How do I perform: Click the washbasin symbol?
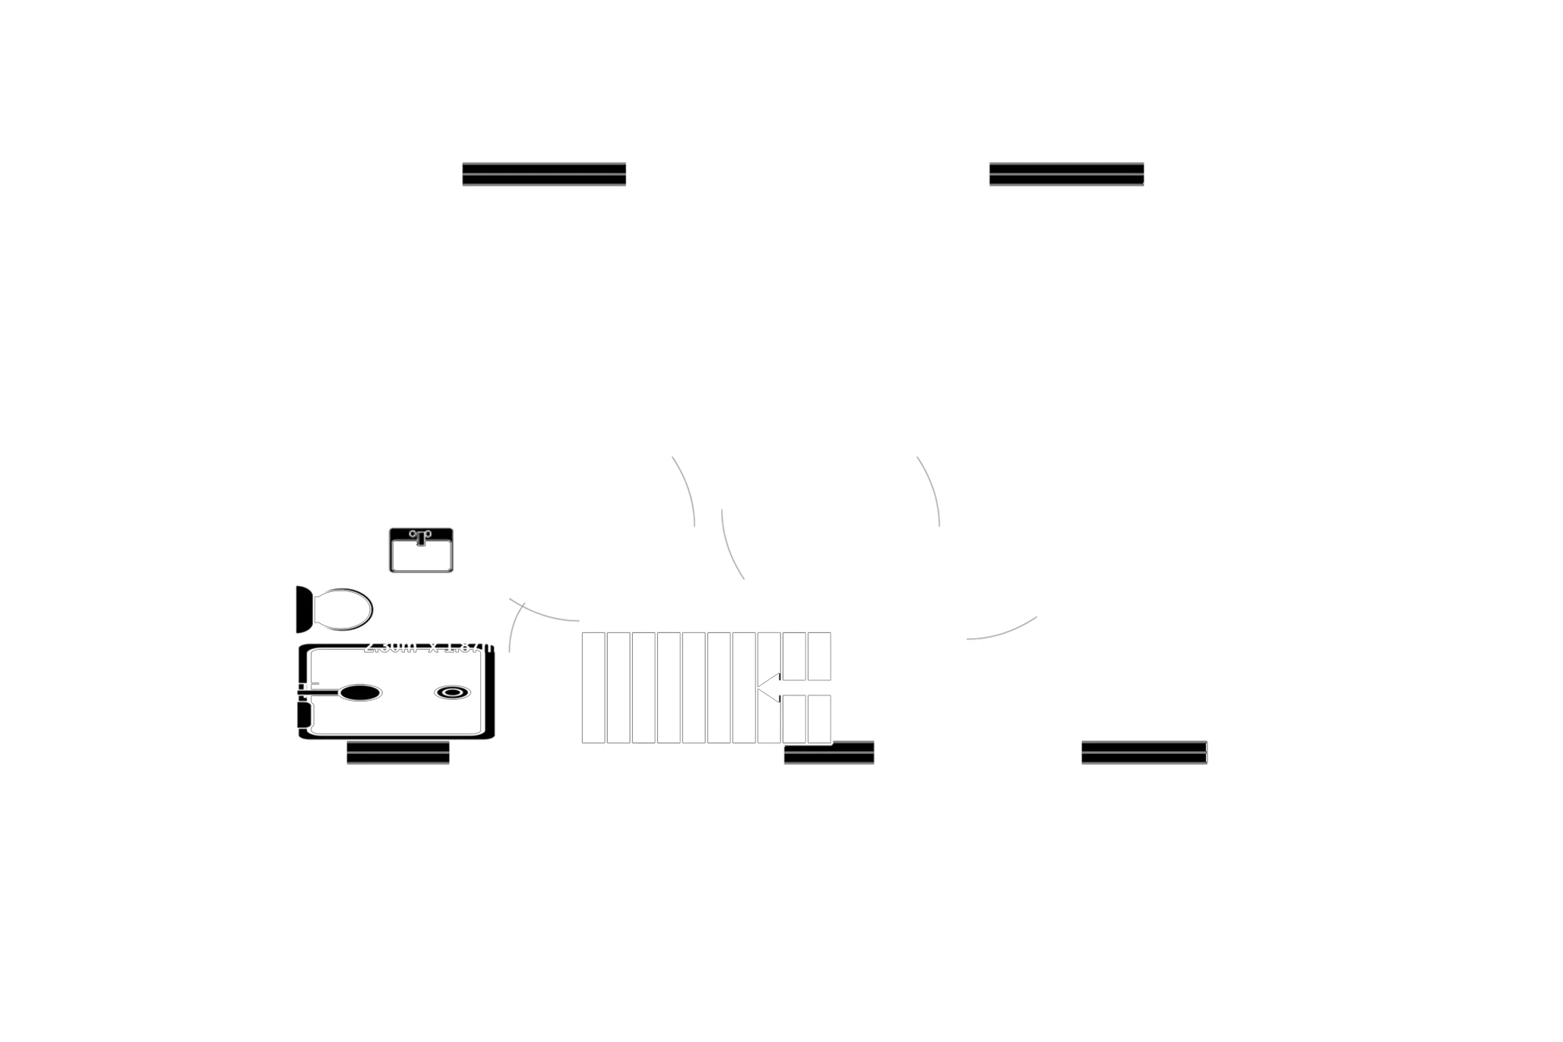pos(421,550)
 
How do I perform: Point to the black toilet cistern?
pos(303,609)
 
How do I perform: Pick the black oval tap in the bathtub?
pos(359,693)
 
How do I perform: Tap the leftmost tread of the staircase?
pos(593,687)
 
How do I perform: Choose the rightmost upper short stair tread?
pos(818,656)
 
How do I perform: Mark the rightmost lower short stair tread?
pos(818,719)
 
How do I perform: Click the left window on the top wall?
pos(543,174)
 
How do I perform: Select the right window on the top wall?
pos(1066,174)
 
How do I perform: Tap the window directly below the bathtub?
pos(398,753)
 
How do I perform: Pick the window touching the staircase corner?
pos(829,752)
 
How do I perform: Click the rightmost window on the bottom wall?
pos(1145,751)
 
